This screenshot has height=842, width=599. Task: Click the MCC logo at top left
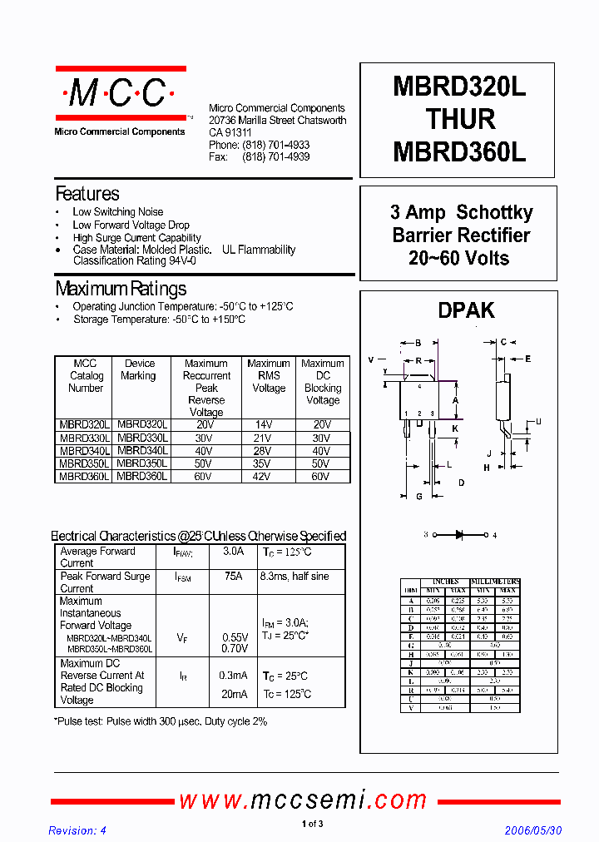(119, 93)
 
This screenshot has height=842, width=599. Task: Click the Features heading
(87, 194)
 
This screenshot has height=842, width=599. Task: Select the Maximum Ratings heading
(121, 289)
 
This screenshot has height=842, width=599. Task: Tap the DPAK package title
(466, 310)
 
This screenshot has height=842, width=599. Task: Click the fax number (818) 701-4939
(275, 156)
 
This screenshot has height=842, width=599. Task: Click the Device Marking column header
(139, 369)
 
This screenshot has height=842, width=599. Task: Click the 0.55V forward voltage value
(235, 636)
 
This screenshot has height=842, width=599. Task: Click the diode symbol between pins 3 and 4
(459, 535)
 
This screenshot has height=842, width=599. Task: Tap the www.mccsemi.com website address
(303, 800)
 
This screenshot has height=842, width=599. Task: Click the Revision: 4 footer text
(77, 830)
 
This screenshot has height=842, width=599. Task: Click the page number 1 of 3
(312, 825)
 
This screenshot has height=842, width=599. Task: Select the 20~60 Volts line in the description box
(458, 259)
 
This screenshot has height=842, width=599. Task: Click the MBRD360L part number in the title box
(459, 152)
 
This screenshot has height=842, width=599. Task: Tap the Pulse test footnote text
(161, 721)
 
